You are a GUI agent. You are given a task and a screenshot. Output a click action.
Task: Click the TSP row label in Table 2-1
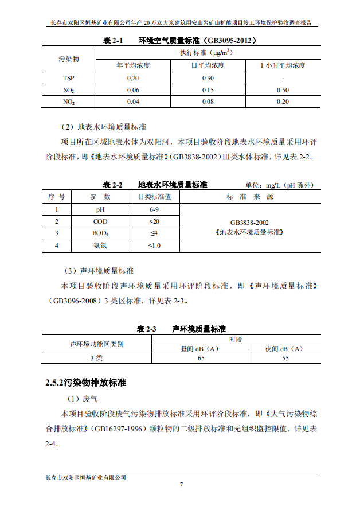[x=68, y=78]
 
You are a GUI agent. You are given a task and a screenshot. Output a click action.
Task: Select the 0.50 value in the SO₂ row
[x=282, y=90]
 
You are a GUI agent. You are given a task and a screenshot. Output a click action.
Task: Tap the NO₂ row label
[x=68, y=102]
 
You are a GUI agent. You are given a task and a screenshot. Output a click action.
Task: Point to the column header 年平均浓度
[x=133, y=65]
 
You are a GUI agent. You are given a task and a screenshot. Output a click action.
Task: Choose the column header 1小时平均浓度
[x=282, y=65]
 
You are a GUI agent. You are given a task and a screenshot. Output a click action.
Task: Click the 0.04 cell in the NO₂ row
[x=133, y=102]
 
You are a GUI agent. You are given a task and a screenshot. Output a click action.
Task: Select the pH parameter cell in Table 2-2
[x=100, y=209]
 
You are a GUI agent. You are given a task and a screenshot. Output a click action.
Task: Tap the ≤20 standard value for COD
[x=154, y=221]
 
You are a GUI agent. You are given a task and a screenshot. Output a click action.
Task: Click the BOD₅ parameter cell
[x=100, y=233]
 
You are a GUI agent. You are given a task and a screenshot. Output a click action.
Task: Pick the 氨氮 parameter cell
[x=100, y=246]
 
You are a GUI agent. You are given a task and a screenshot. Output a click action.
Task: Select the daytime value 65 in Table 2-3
[x=201, y=358]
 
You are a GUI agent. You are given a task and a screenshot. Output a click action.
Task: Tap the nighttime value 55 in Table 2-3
[x=285, y=358]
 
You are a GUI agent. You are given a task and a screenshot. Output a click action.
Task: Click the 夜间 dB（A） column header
[x=285, y=348]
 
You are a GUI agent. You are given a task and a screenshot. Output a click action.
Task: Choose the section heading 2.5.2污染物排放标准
[x=85, y=382]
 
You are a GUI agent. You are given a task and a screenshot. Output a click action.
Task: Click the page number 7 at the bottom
[x=181, y=485]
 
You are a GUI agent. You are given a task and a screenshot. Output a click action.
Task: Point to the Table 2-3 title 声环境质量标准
[x=198, y=329]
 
